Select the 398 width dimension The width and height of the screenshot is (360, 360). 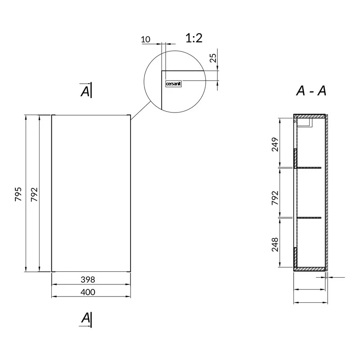(88, 279)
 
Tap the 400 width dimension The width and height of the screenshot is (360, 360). (88, 292)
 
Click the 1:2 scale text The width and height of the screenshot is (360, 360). (194, 38)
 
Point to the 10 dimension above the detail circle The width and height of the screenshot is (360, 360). (146, 40)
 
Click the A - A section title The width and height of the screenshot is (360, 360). (311, 91)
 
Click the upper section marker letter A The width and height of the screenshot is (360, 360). (85, 91)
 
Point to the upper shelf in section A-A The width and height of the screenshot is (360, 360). (309, 167)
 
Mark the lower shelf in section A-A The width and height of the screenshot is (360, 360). (309, 218)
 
